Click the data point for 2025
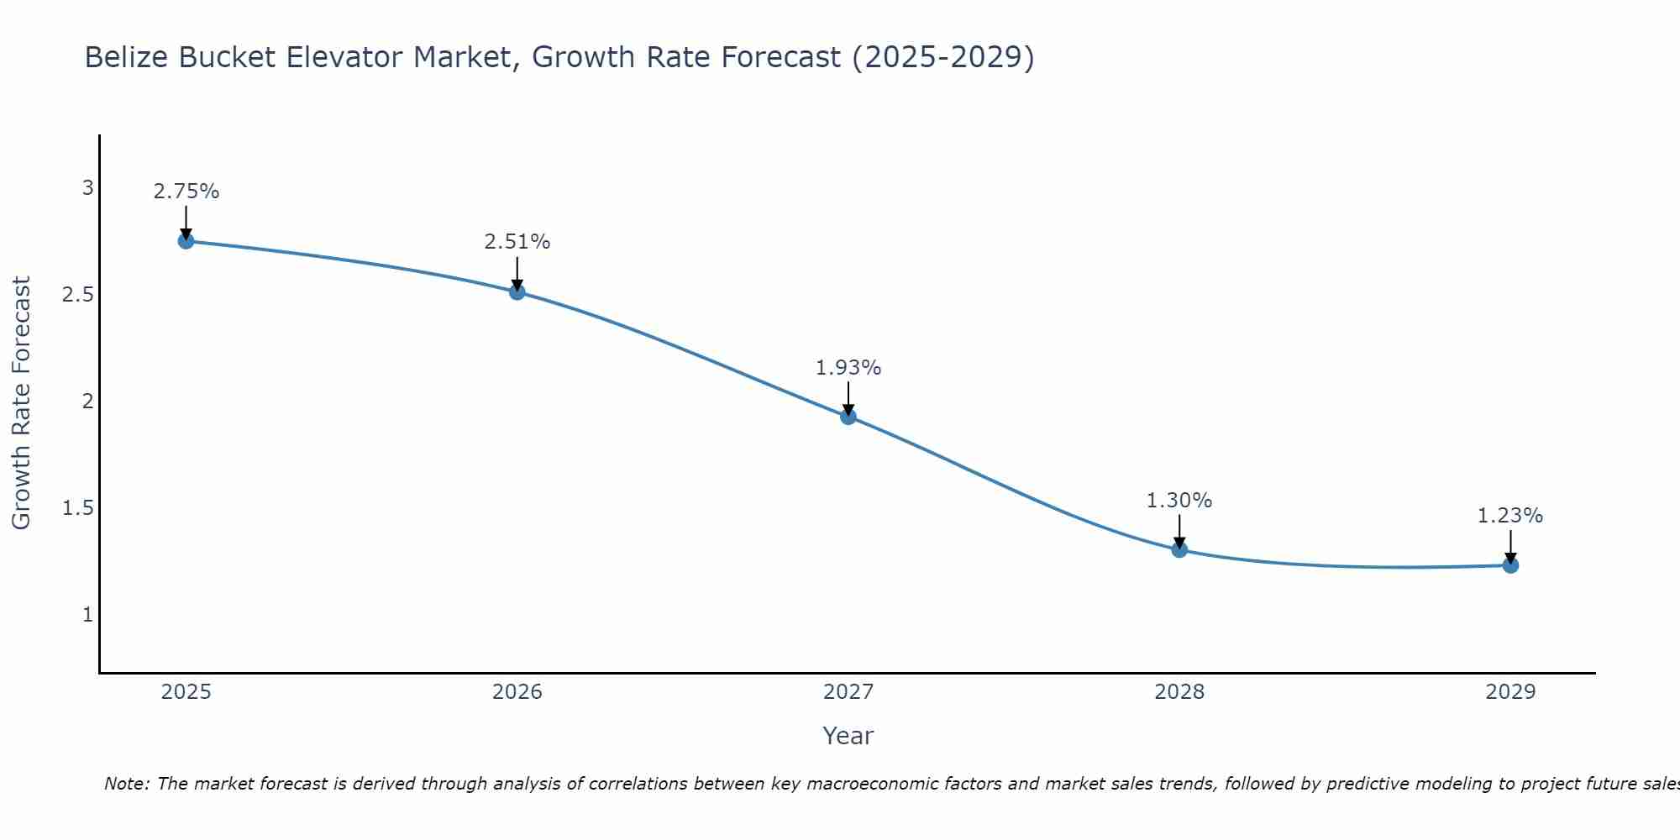coord(186,241)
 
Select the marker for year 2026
coord(517,291)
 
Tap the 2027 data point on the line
coord(848,416)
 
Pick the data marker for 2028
coord(1179,549)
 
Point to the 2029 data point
coord(1510,565)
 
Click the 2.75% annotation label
coord(186,192)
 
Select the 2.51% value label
coord(517,242)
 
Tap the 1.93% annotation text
coord(848,368)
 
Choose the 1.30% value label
coord(1179,501)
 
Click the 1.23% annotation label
coord(1510,516)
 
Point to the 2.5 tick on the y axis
coord(77,295)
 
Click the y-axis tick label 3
coord(87,188)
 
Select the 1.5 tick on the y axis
coord(77,508)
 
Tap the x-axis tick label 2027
coord(848,692)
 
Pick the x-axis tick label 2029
coord(1510,692)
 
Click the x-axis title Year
coord(848,736)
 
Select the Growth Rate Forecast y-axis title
coord(21,402)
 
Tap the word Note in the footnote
coord(126,784)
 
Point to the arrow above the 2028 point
coord(1179,530)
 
